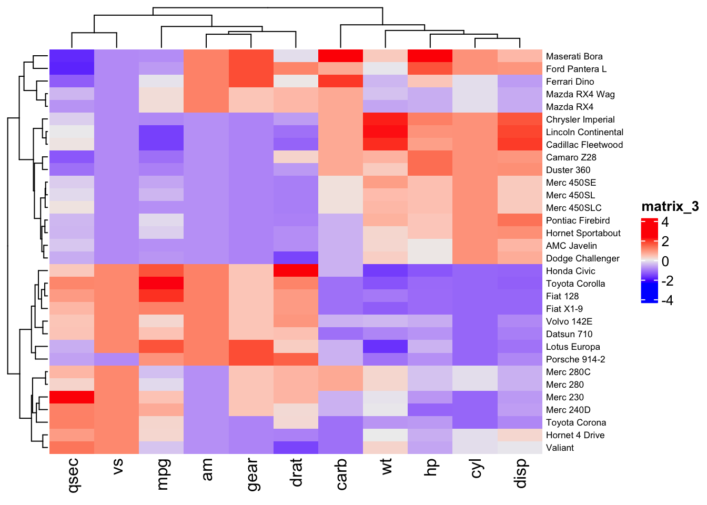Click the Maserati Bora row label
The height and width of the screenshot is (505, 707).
(x=574, y=56)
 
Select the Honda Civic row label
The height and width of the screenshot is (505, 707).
(x=570, y=271)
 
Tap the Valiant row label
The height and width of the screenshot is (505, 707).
(x=560, y=448)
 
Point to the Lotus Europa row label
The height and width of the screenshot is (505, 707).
(x=573, y=347)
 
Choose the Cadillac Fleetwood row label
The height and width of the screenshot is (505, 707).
(x=584, y=145)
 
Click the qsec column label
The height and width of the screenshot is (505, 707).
(x=73, y=476)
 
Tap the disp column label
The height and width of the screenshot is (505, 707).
(x=520, y=474)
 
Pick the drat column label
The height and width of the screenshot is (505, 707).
(x=296, y=472)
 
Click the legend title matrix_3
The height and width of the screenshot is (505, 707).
(x=670, y=206)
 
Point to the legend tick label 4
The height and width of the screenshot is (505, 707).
(x=665, y=222)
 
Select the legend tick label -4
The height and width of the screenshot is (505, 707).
(x=666, y=300)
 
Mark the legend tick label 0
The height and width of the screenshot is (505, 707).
(x=665, y=261)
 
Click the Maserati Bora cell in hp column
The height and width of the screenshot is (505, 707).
(x=430, y=56)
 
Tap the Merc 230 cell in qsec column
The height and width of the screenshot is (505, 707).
(x=72, y=397)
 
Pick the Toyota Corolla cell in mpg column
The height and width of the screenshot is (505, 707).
(x=161, y=284)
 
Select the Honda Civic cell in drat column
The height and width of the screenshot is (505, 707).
(x=296, y=271)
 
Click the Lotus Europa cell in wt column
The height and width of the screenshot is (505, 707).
(x=386, y=347)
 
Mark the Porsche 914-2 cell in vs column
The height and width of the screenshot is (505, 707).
(x=117, y=359)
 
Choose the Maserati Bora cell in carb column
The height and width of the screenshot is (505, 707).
(x=341, y=56)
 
